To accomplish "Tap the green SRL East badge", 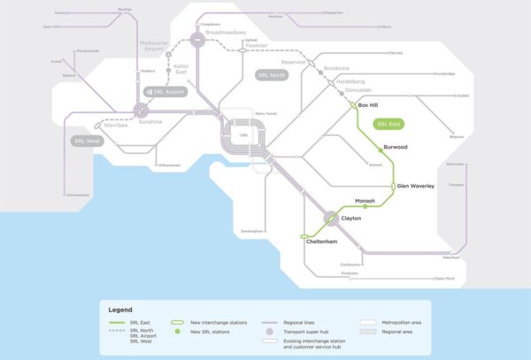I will tap(389, 124).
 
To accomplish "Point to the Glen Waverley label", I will tap(416, 186).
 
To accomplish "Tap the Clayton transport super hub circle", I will tap(331, 217).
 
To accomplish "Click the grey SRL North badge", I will tap(273, 75).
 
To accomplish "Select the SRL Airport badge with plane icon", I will tap(167, 91).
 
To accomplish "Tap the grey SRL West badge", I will tap(86, 141).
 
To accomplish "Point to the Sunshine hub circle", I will tap(141, 111).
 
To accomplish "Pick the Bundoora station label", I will tap(337, 67).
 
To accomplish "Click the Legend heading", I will tap(120, 310).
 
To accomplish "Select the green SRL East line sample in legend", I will tap(116, 324).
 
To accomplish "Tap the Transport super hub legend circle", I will tap(268, 332).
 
